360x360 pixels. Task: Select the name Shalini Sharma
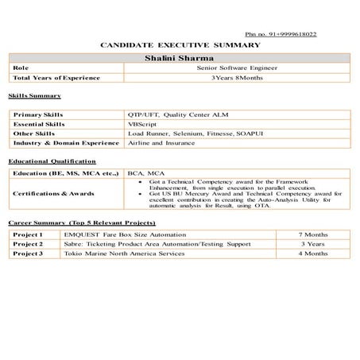(x=180, y=58)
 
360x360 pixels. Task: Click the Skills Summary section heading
(x=34, y=95)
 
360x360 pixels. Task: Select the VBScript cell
(x=142, y=124)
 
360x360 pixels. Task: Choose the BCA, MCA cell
(x=145, y=172)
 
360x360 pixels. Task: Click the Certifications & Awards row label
(x=54, y=193)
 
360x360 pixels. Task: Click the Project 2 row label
(x=28, y=244)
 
